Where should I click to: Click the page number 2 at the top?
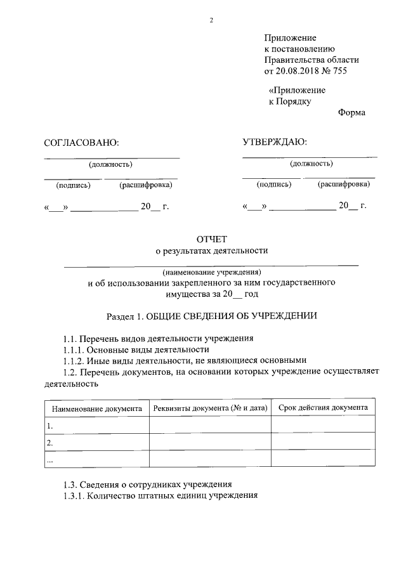pyautogui.click(x=212, y=20)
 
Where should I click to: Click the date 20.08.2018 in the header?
pyautogui.click(x=298, y=71)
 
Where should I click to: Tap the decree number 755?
pyautogui.click(x=341, y=71)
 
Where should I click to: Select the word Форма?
pyautogui.click(x=351, y=113)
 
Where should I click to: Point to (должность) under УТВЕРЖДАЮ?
pyautogui.click(x=311, y=164)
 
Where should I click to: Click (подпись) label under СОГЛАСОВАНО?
pyautogui.click(x=74, y=186)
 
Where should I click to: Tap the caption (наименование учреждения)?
pyautogui.click(x=212, y=271)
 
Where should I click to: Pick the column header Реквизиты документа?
pyautogui.click(x=210, y=408)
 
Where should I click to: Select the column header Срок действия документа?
pyautogui.click(x=323, y=407)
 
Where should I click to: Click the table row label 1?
pyautogui.click(x=50, y=426)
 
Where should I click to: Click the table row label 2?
pyautogui.click(x=50, y=443)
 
